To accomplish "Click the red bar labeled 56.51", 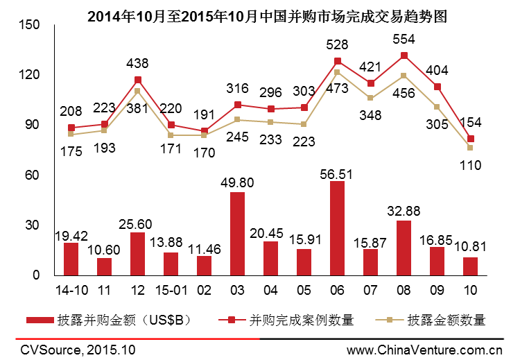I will tap(337, 228).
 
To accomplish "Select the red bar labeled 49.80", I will tap(237, 234).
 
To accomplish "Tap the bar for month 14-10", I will tap(71, 259).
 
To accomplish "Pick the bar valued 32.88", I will tap(404, 248).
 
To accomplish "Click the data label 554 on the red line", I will tap(404, 39).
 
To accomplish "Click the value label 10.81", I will tap(470, 248).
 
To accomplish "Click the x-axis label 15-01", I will tap(171, 287).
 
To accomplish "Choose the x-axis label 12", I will tap(137, 287).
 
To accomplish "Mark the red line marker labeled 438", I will tap(137, 80).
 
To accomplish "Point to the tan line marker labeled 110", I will tap(470, 148).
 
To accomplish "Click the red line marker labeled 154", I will tap(470, 139).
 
